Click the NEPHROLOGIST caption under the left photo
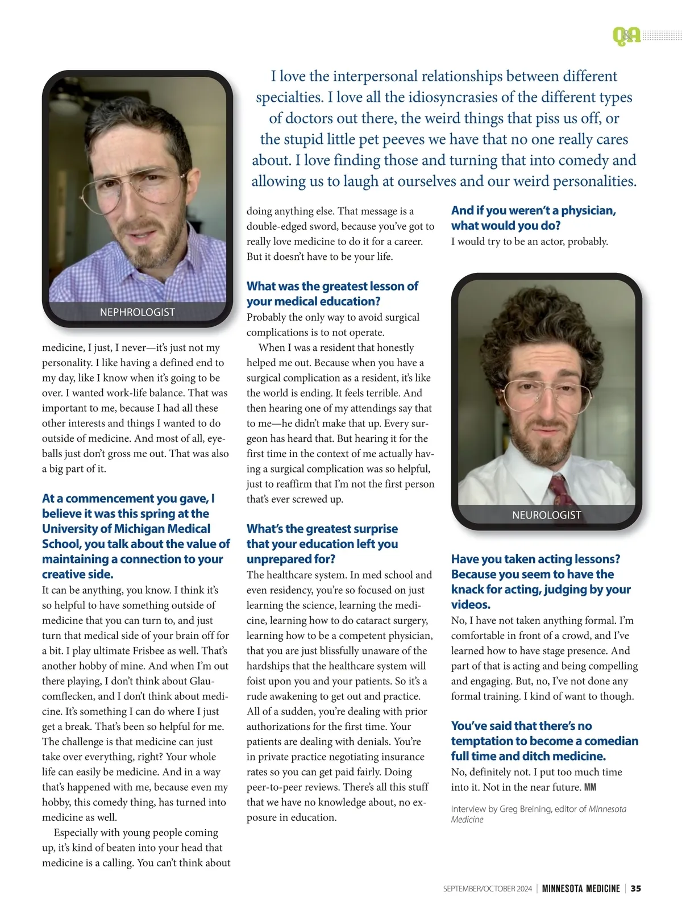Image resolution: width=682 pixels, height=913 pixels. click(x=137, y=312)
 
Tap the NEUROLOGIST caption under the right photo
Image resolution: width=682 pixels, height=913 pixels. click(x=546, y=515)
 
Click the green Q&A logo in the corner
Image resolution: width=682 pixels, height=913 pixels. click(x=626, y=36)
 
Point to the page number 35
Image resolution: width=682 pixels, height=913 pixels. click(x=636, y=889)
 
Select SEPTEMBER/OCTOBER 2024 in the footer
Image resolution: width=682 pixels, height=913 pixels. click(x=487, y=889)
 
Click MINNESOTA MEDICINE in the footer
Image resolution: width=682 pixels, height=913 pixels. click(x=580, y=889)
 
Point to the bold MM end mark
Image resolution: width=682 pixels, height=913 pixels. click(x=590, y=787)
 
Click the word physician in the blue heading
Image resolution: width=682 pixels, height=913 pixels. click(x=589, y=210)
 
